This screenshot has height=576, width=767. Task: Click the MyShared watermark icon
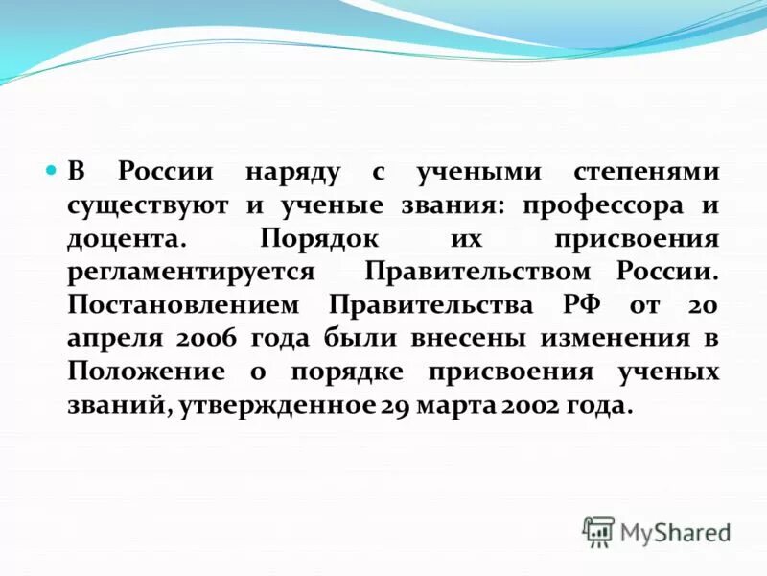click(x=598, y=531)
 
